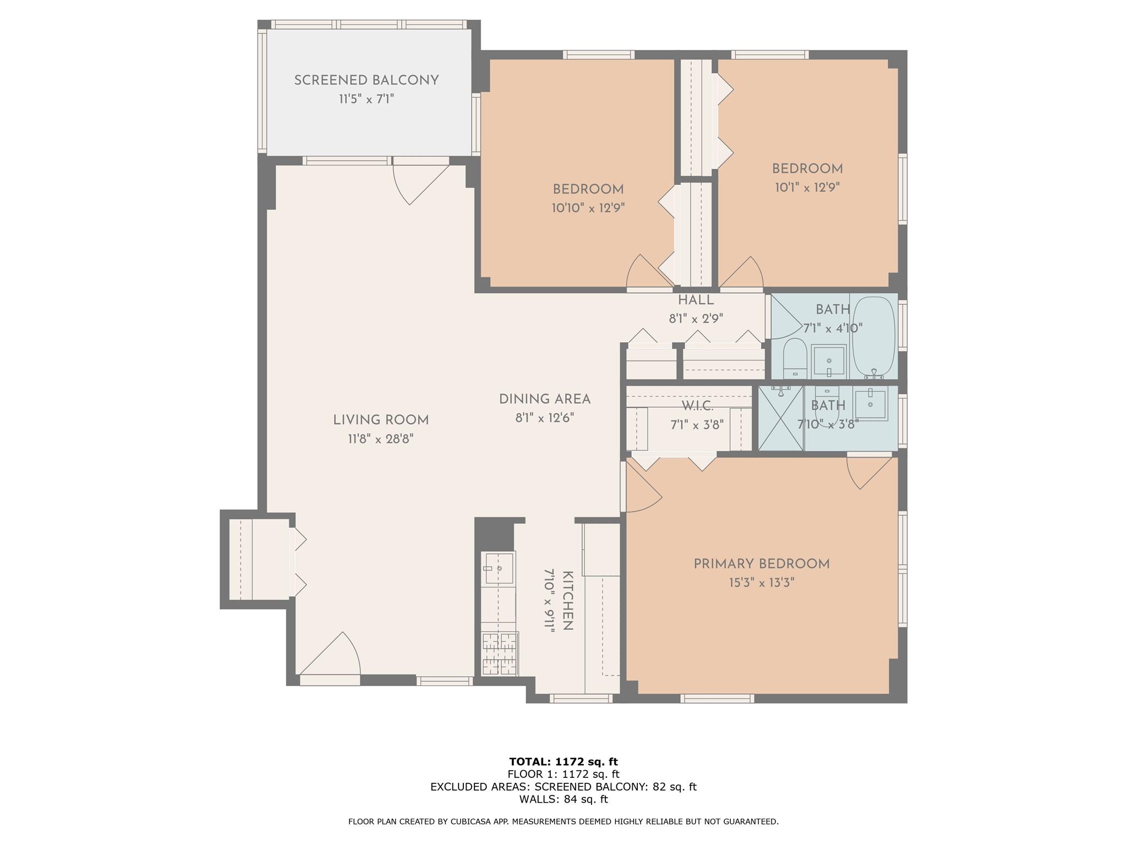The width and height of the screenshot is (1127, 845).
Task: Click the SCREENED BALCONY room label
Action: [366, 80]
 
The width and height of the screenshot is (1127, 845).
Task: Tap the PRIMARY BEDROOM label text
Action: [761, 564]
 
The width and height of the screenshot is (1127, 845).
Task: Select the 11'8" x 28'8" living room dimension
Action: [380, 439]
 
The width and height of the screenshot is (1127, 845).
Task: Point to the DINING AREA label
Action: [544, 399]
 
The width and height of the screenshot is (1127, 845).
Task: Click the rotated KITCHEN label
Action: [568, 601]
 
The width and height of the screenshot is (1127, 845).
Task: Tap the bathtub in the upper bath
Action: [873, 337]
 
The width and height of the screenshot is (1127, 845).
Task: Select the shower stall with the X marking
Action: [781, 418]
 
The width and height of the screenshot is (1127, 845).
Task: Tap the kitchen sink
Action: [499, 568]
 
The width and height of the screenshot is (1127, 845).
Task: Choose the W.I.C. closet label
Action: [697, 407]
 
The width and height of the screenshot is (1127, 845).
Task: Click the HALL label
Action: [696, 300]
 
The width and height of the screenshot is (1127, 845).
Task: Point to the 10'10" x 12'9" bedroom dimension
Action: [588, 208]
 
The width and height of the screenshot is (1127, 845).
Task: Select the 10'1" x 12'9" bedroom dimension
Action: [807, 188]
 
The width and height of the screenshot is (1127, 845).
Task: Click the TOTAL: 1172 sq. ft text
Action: [563, 762]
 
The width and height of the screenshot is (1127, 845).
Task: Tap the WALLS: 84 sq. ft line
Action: [563, 799]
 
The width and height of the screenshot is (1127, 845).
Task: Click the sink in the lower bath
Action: [871, 405]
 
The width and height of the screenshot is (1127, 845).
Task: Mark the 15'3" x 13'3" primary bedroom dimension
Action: [761, 583]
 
